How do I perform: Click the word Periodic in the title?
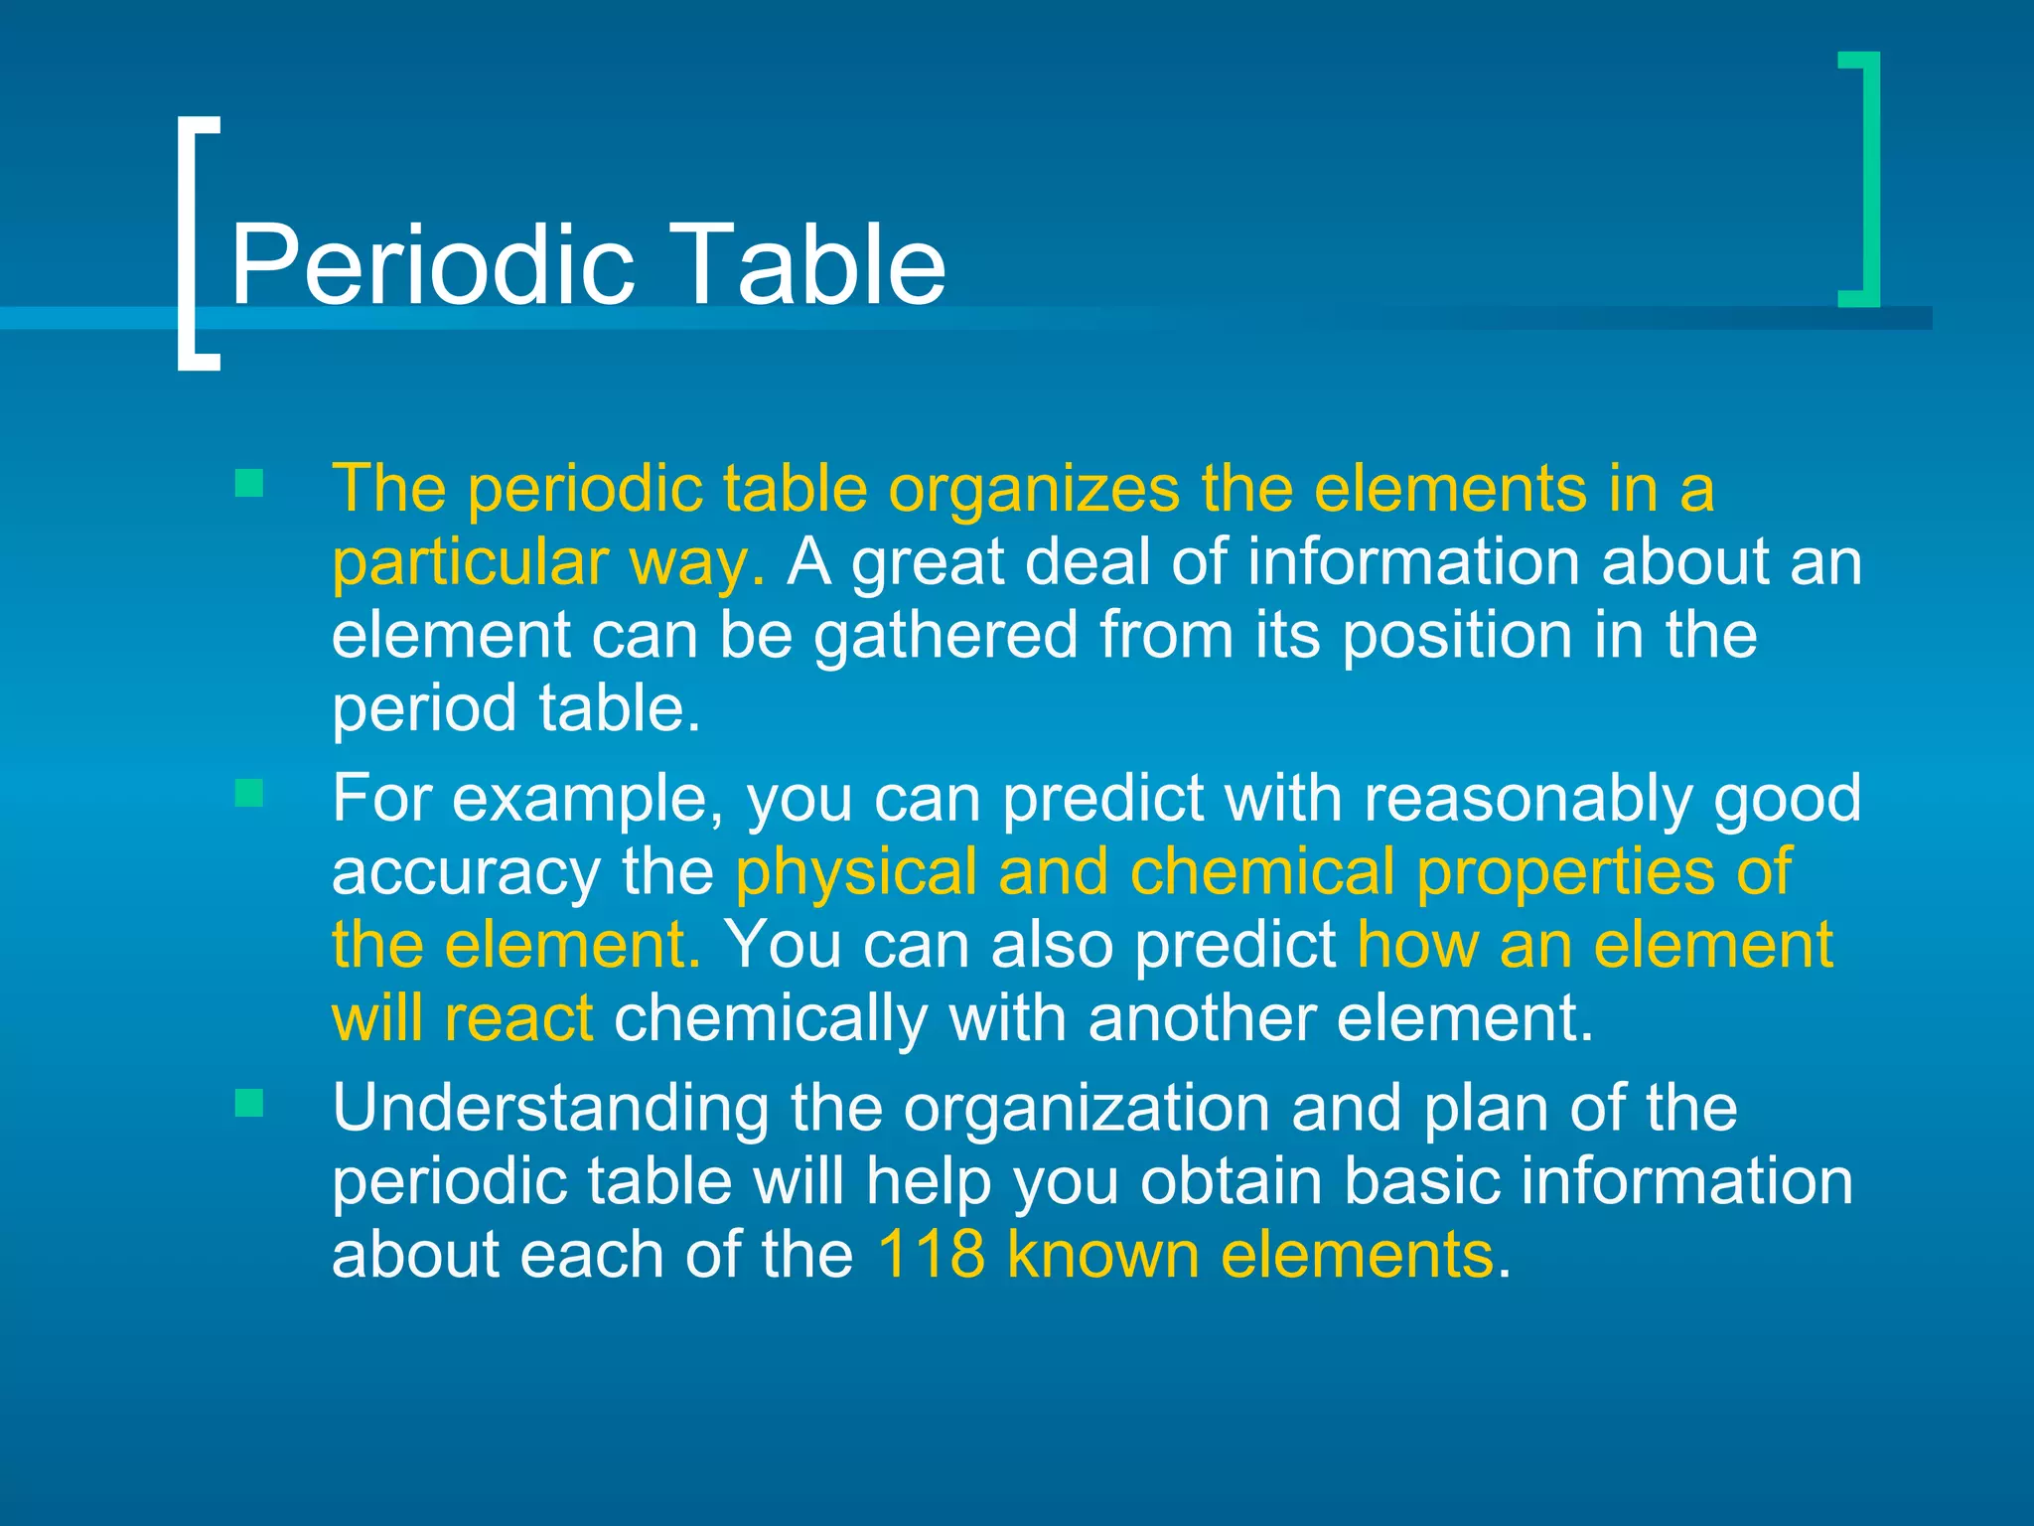click(432, 264)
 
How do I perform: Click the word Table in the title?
click(810, 264)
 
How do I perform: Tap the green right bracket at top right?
click(1867, 179)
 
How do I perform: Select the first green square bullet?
click(249, 484)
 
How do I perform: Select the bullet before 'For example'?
click(249, 793)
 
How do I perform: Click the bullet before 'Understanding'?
click(249, 1103)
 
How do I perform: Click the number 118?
click(931, 1254)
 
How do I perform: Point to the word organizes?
click(1033, 489)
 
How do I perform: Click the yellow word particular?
click(469, 562)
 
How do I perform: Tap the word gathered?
click(945, 636)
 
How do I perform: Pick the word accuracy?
click(466, 872)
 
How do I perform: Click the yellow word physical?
click(856, 872)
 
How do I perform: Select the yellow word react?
click(518, 1018)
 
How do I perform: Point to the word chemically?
click(771, 1018)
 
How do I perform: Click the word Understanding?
click(550, 1109)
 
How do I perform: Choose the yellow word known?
click(1102, 1254)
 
